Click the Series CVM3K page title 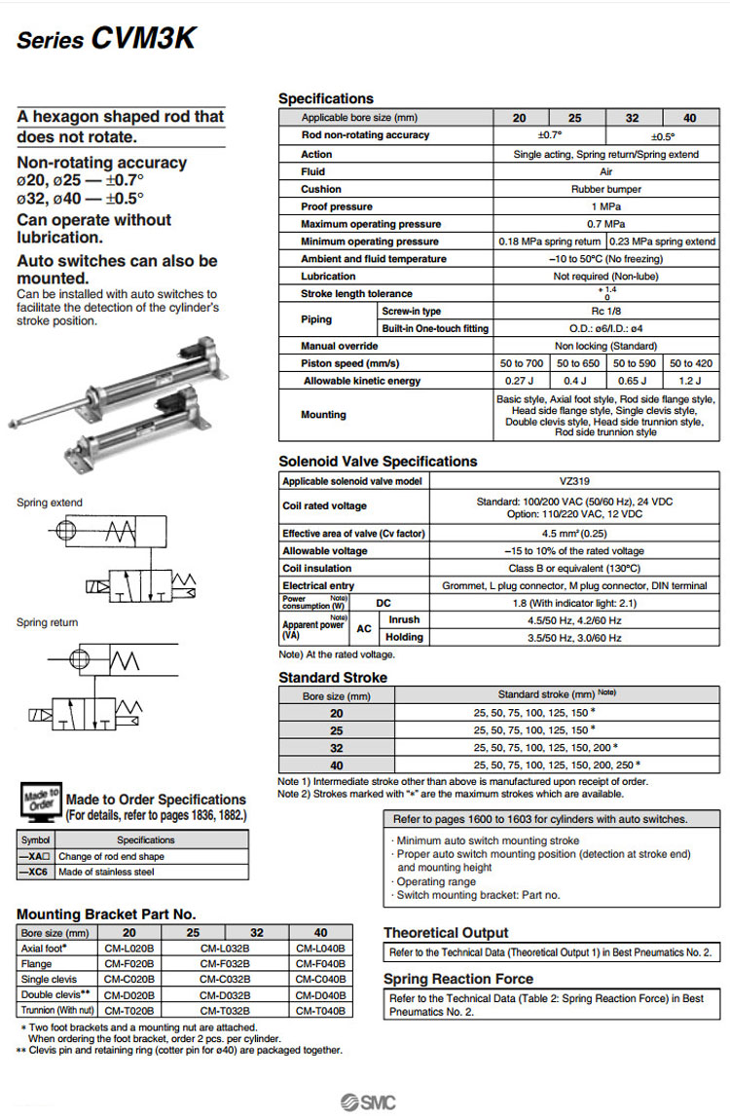(x=107, y=38)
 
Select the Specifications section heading (x=325, y=98)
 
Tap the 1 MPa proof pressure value (x=606, y=206)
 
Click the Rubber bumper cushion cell (x=606, y=189)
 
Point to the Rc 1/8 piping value (x=606, y=311)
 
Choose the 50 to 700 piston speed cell (x=521, y=363)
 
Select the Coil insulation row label (x=316, y=568)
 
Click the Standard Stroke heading (x=333, y=677)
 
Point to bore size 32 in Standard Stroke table (x=337, y=747)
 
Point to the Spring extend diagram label (x=50, y=503)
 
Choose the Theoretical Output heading (x=446, y=932)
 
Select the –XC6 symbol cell (x=36, y=872)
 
